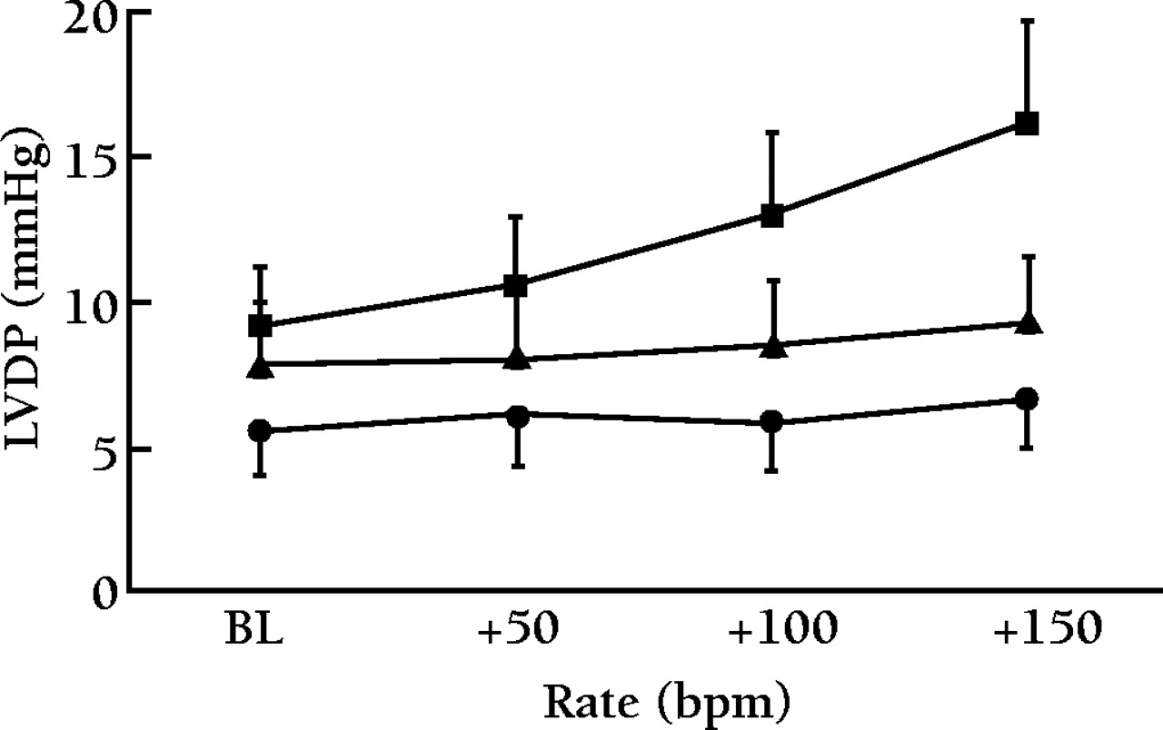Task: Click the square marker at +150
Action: click(x=1028, y=123)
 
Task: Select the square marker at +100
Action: click(x=772, y=216)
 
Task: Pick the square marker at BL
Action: click(x=260, y=325)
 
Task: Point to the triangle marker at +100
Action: click(x=773, y=346)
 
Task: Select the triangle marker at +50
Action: click(x=517, y=358)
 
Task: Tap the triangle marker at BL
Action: click(x=260, y=366)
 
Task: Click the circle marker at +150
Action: click(x=1027, y=399)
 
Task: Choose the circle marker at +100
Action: click(x=771, y=421)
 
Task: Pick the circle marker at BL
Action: click(x=260, y=430)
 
